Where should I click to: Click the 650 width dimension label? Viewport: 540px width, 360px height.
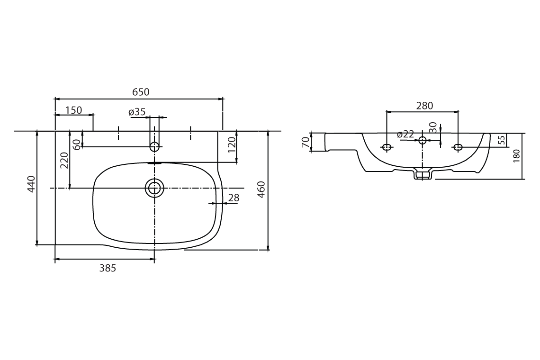click(141, 92)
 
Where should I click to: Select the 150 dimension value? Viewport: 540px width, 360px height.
click(73, 110)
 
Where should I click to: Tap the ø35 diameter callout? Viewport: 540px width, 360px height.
click(137, 112)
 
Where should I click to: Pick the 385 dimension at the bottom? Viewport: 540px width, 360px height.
click(108, 268)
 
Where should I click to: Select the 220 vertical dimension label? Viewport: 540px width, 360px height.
click(64, 160)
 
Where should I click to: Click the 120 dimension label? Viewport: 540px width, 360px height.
click(232, 144)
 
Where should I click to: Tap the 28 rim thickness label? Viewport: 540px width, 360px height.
click(234, 198)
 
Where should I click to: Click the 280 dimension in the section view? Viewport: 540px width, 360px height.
click(424, 106)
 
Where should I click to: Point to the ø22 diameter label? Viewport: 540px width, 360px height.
click(405, 135)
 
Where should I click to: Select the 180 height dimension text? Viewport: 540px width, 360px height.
click(516, 156)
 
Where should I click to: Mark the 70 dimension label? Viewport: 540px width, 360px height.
click(306, 142)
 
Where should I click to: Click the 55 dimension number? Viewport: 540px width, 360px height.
click(502, 140)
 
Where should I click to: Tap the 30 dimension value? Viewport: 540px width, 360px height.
click(432, 127)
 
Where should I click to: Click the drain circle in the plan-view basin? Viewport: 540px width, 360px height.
click(154, 188)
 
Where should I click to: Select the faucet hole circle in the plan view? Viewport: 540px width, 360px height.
click(154, 147)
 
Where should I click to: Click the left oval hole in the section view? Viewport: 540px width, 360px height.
click(387, 147)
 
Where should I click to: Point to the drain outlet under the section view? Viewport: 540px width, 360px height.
click(423, 175)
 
